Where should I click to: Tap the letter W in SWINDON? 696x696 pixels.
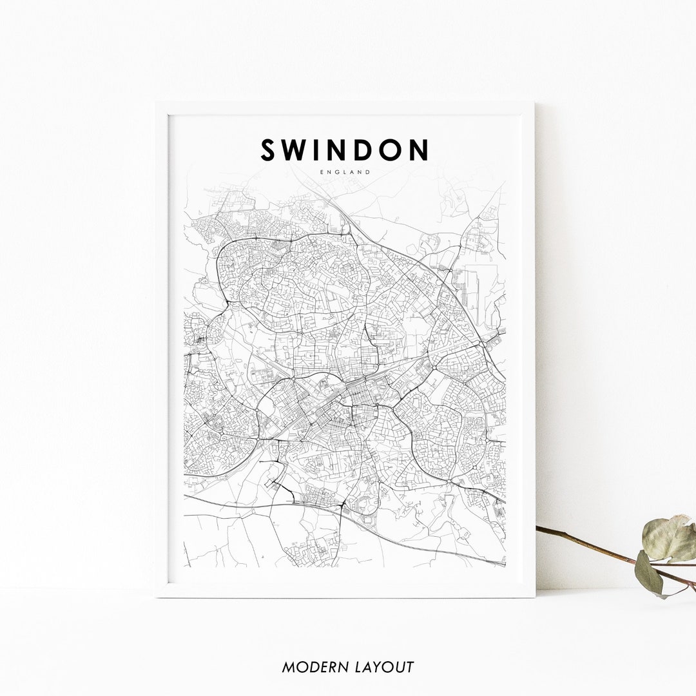(x=297, y=150)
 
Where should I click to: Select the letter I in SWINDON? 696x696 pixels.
(x=320, y=150)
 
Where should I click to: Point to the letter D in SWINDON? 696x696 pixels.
(x=367, y=150)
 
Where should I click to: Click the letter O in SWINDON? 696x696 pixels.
(x=394, y=150)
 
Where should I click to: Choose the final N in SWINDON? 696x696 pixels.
(x=419, y=150)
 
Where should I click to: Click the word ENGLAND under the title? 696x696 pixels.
(x=345, y=172)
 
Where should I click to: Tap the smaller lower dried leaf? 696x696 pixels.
(x=649, y=574)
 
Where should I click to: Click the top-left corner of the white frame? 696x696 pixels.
(x=157, y=102)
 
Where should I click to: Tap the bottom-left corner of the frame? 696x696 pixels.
(x=157, y=596)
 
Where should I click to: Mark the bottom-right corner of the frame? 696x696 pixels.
(x=534, y=596)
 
